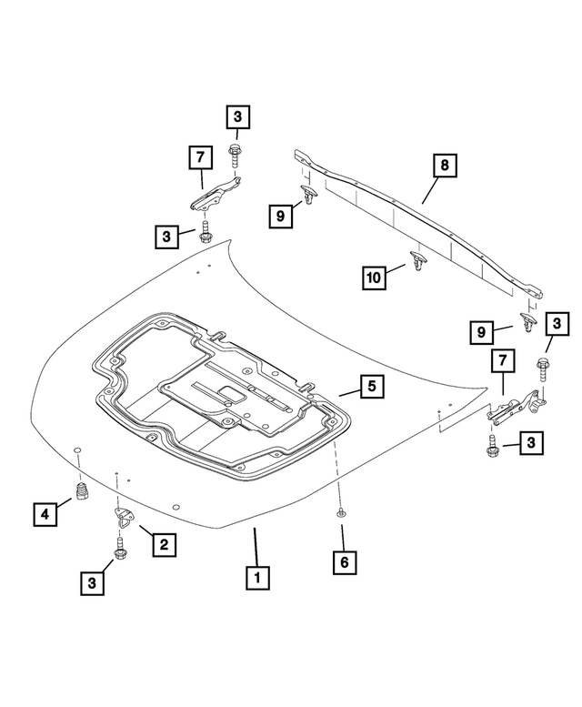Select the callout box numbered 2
164,545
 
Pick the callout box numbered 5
371,387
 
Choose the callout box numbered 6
343,563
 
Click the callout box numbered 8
445,167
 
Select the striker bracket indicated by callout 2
122,517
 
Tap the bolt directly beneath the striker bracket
119,550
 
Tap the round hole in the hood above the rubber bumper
77,451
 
